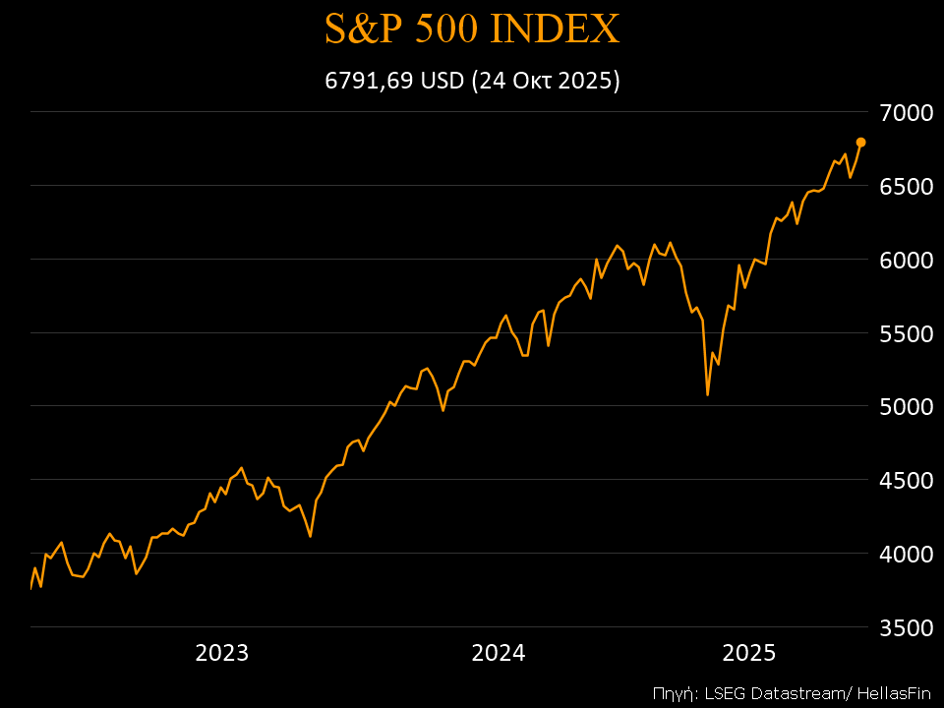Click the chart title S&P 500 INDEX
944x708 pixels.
point(472,29)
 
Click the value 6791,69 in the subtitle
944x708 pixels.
point(370,81)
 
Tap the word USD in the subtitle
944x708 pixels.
point(442,81)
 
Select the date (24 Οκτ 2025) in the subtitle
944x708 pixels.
point(545,81)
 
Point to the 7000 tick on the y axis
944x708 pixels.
point(906,112)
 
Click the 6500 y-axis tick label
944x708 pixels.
point(906,186)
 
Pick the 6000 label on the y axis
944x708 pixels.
point(906,260)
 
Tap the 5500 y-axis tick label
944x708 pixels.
point(906,333)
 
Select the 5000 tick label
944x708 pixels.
point(906,406)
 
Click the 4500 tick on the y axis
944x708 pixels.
point(906,480)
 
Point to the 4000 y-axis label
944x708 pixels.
point(906,554)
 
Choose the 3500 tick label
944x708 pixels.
point(906,627)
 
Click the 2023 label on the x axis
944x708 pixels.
point(222,653)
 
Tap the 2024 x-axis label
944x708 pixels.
point(499,653)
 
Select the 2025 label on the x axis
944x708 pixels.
point(749,653)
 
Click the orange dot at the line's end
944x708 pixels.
point(860,143)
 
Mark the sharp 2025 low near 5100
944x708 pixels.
point(707,394)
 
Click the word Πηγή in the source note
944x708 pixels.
point(675,692)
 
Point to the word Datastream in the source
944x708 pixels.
point(783,692)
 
